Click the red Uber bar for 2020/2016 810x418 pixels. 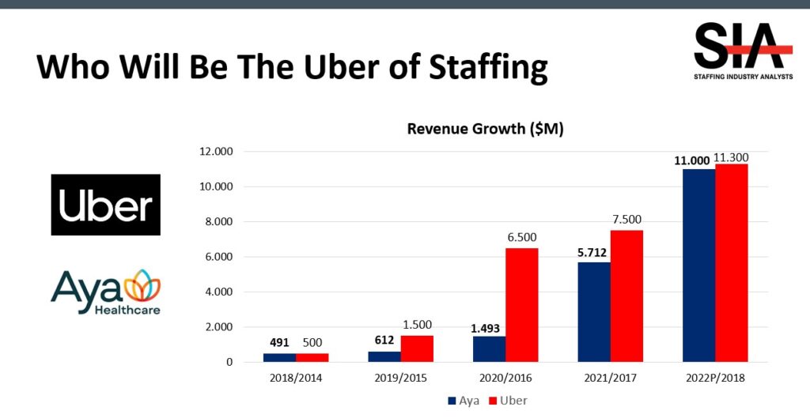coord(522,305)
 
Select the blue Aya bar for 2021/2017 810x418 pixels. coord(594,312)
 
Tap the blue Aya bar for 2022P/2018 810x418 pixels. coord(698,265)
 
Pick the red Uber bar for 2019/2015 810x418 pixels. coord(417,348)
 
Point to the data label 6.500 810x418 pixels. coord(522,237)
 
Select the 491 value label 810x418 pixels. coord(278,343)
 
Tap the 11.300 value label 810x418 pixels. coord(732,157)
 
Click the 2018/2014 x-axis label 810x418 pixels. coord(296,378)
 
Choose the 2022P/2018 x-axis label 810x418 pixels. coord(715,378)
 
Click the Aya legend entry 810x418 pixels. coord(466,401)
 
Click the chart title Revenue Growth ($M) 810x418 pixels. coord(485,129)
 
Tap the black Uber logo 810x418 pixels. coord(106,205)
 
